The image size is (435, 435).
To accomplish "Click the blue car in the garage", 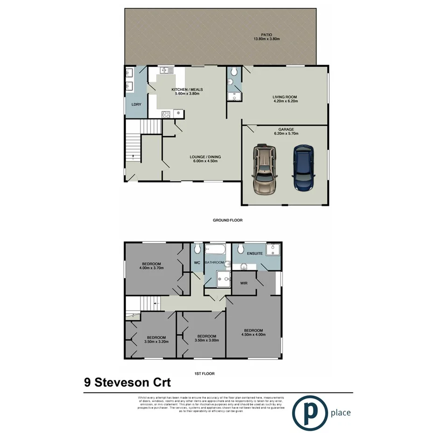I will pos(302,168).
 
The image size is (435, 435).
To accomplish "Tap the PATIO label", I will pos(266,34).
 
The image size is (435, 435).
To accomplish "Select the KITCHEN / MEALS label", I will pos(187,89).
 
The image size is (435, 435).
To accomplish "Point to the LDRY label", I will pos(136,105).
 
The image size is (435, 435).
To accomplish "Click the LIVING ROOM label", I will pos(285,97).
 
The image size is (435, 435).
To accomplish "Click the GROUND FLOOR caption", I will pos(228,220).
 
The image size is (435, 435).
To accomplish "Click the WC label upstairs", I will pos(197,263).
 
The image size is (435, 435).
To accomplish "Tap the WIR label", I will pos(243,283).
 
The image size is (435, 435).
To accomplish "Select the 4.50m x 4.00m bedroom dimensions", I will pos(253,334).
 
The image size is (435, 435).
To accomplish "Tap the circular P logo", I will pos(309,412).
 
